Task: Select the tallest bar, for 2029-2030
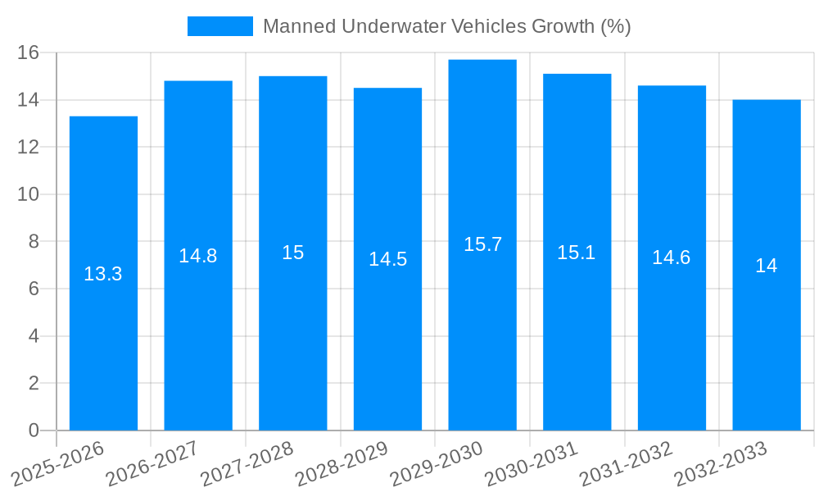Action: pyautogui.click(x=482, y=328)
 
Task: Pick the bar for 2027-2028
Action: pyautogui.click(x=293, y=328)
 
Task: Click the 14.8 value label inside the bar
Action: pyautogui.click(x=198, y=256)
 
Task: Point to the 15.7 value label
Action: pyautogui.click(x=482, y=244)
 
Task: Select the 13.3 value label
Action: pyautogui.click(x=103, y=274)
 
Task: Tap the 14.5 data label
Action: pyautogui.click(x=387, y=259)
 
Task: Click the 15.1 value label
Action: pyautogui.click(x=577, y=253)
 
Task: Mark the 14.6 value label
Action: pyautogui.click(x=672, y=257)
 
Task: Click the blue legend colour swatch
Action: pyautogui.click(x=220, y=26)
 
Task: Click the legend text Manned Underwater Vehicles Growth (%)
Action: pyautogui.click(x=446, y=26)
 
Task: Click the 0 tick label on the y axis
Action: pyautogui.click(x=34, y=430)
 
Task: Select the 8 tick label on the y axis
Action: pyautogui.click(x=34, y=242)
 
